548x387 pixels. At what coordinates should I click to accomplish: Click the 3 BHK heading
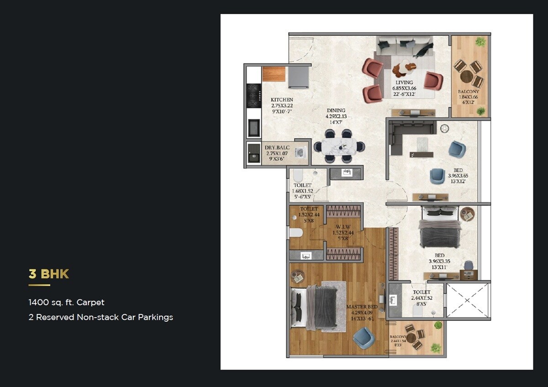point(48,274)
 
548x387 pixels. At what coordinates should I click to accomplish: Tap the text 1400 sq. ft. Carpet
point(66,302)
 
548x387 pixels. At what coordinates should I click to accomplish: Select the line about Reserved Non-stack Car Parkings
point(100,317)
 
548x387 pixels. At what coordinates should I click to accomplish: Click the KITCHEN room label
point(282,99)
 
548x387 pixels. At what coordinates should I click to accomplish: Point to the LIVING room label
point(404,83)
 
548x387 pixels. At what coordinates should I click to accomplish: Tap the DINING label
point(336,110)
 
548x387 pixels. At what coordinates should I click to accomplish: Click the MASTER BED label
point(362,307)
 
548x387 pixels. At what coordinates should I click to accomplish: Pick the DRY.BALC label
point(277,148)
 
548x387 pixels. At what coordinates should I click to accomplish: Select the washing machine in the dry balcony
point(300,153)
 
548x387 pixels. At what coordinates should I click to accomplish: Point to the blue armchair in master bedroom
point(364,338)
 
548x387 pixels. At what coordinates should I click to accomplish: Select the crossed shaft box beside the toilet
point(467,300)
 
